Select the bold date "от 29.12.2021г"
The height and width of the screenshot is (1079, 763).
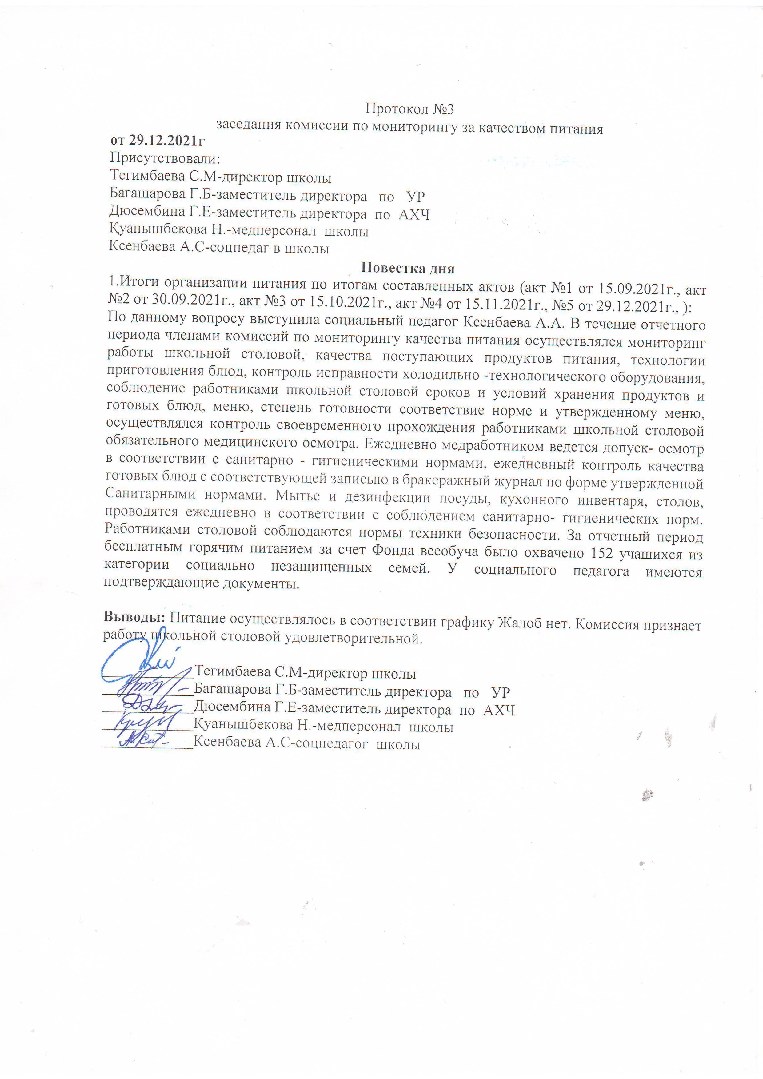point(158,141)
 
